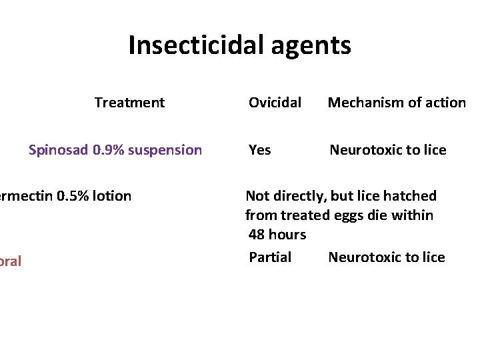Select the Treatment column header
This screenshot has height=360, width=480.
pyautogui.click(x=129, y=103)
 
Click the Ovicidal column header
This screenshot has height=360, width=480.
pyautogui.click(x=275, y=103)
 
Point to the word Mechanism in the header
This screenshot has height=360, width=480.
pyautogui.click(x=361, y=103)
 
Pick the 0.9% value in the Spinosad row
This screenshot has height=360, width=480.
pyautogui.click(x=107, y=150)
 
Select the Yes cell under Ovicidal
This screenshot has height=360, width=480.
pyautogui.click(x=259, y=150)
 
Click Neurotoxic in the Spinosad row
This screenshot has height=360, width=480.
pyautogui.click(x=364, y=150)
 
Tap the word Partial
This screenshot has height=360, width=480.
pyautogui.click(x=270, y=257)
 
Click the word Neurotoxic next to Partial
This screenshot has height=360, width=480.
pyautogui.click(x=363, y=257)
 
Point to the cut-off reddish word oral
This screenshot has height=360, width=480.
pyautogui.click(x=10, y=261)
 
